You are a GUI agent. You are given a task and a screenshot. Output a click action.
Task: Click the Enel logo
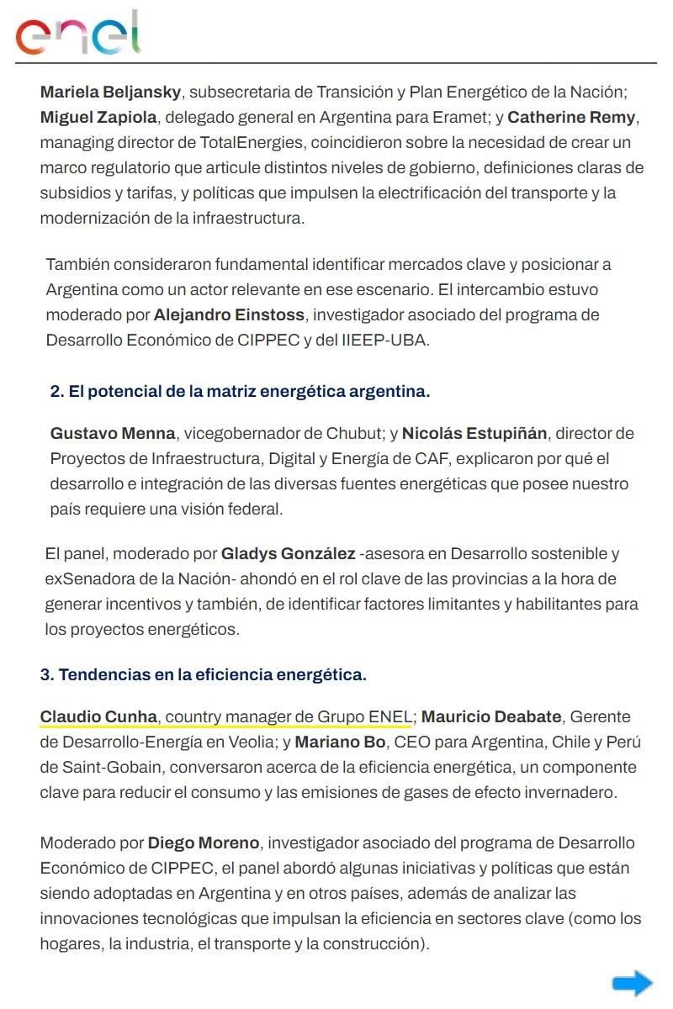(x=77, y=34)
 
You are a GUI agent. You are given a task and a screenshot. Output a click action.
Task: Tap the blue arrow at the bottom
(x=632, y=983)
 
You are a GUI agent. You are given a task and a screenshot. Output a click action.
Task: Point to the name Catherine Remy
(x=573, y=117)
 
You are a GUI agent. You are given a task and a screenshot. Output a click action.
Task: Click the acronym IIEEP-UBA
(x=384, y=341)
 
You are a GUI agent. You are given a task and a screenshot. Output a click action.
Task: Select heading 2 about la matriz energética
(x=240, y=391)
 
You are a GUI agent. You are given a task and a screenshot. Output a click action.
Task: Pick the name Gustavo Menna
(x=113, y=434)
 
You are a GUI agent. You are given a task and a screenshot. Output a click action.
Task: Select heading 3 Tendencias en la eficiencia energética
(x=203, y=674)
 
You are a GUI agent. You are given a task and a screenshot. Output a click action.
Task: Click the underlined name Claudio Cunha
(x=98, y=717)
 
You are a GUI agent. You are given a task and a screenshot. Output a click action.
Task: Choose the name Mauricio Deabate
(x=491, y=717)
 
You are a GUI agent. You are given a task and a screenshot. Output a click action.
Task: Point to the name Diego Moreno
(x=204, y=843)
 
